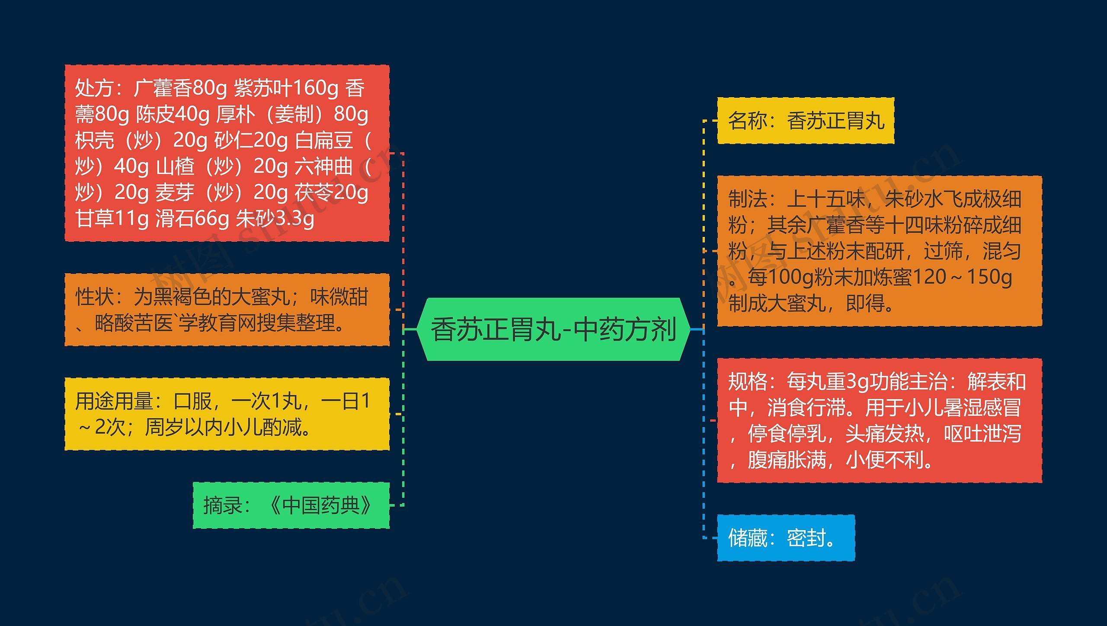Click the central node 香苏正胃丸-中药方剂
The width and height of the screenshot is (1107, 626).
pyautogui.click(x=553, y=329)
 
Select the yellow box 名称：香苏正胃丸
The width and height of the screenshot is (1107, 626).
pyautogui.click(x=805, y=121)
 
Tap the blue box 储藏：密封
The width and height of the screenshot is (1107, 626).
pyautogui.click(x=785, y=538)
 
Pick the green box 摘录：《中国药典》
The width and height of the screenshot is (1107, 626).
pyautogui.click(x=291, y=505)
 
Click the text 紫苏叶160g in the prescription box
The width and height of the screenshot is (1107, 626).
pyautogui.click(x=286, y=88)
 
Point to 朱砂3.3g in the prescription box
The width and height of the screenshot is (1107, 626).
pyautogui.click(x=275, y=218)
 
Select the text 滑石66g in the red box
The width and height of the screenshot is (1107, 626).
pyautogui.click(x=192, y=218)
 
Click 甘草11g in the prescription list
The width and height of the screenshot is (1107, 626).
pyautogui.click(x=112, y=218)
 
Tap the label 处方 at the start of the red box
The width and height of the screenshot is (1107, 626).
pyautogui.click(x=94, y=88)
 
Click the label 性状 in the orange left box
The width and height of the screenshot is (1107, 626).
pyautogui.click(x=95, y=297)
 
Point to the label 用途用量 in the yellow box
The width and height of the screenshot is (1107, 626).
pyautogui.click(x=114, y=401)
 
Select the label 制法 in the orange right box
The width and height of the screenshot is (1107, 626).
pyautogui.click(x=748, y=199)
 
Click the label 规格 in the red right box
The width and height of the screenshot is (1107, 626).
pyautogui.click(x=748, y=382)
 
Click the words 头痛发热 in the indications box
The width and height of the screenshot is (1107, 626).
pyautogui.click(x=884, y=434)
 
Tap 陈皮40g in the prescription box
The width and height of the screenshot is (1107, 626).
pyautogui.click(x=173, y=114)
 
